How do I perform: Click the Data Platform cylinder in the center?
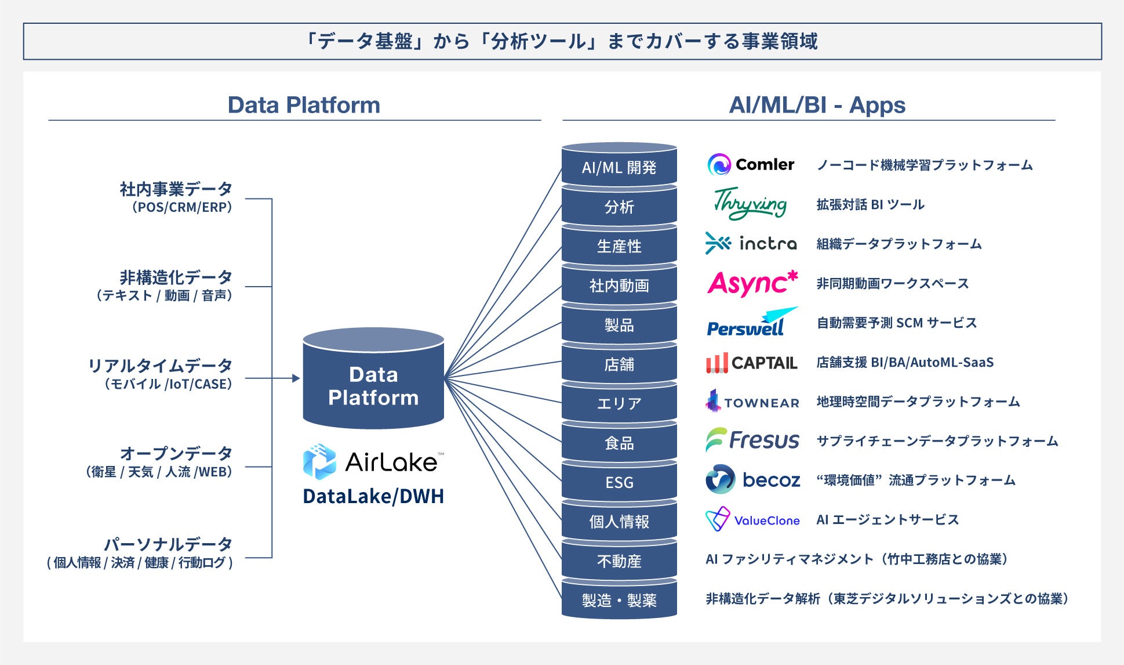click(x=373, y=383)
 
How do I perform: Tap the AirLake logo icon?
click(x=319, y=462)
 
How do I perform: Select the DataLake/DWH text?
click(x=373, y=497)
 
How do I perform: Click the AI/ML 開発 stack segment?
click(x=619, y=168)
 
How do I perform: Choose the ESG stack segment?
click(x=619, y=482)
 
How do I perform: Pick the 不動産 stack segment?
click(x=619, y=561)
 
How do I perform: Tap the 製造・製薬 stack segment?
click(x=619, y=600)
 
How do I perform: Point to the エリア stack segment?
click(x=619, y=403)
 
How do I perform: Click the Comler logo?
click(x=751, y=165)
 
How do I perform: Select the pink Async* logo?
click(x=752, y=283)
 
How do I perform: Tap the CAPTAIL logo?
click(x=752, y=363)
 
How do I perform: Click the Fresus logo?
click(x=752, y=440)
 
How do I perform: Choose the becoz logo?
click(x=752, y=480)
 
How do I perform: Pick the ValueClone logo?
click(x=752, y=519)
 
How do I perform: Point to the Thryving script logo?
click(x=750, y=204)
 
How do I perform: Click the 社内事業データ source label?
click(x=176, y=189)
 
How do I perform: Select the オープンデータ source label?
click(x=176, y=453)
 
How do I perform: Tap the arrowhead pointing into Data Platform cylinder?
click(x=296, y=378)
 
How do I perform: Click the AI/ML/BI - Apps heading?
click(x=817, y=105)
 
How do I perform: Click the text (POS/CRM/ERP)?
click(x=182, y=207)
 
